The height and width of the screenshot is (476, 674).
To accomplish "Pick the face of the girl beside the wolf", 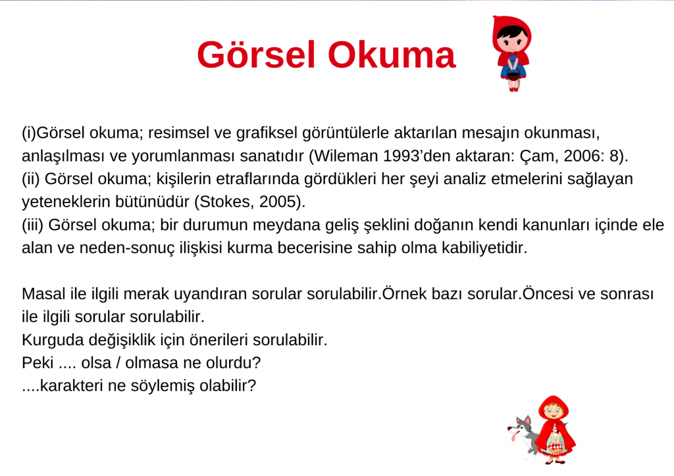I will [553, 414].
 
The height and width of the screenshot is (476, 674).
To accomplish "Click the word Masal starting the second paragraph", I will [40, 293].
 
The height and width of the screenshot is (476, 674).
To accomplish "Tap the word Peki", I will [36, 362].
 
